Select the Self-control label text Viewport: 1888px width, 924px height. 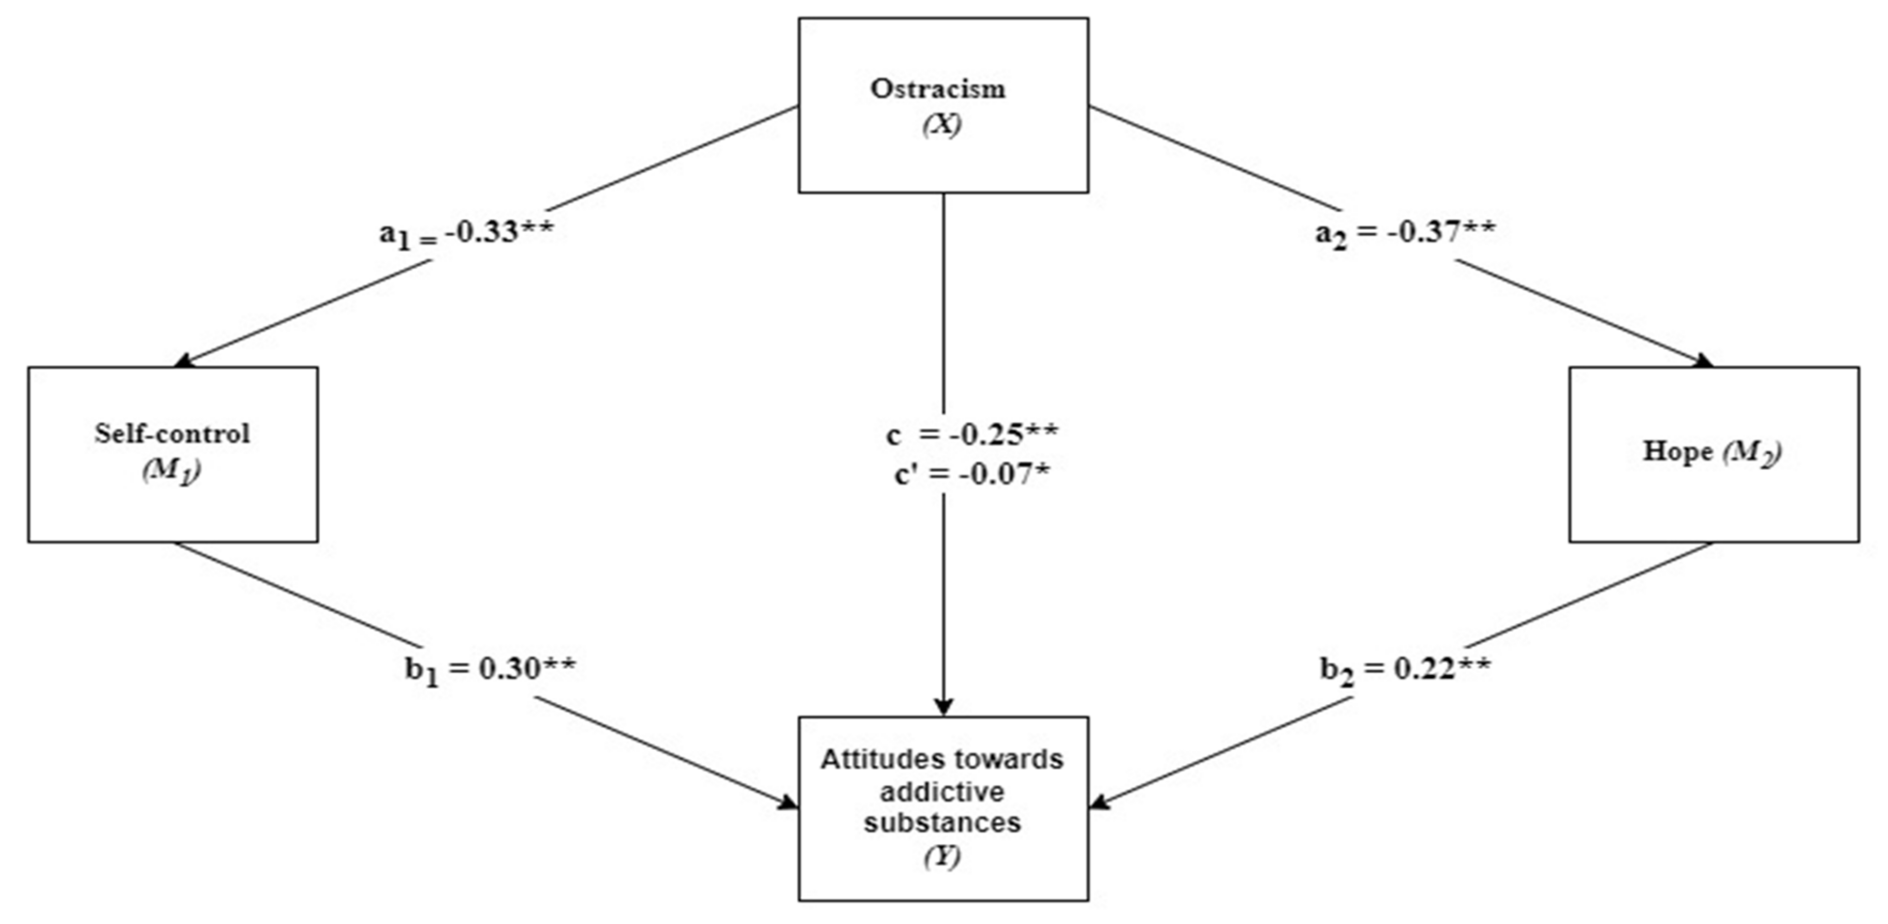point(172,434)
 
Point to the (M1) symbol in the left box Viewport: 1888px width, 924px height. point(172,470)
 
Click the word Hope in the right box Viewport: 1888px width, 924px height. point(1677,451)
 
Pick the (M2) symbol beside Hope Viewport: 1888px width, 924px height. point(1751,453)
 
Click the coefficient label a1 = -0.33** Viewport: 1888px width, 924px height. point(467,233)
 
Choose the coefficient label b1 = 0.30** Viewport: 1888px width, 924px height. point(490,669)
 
